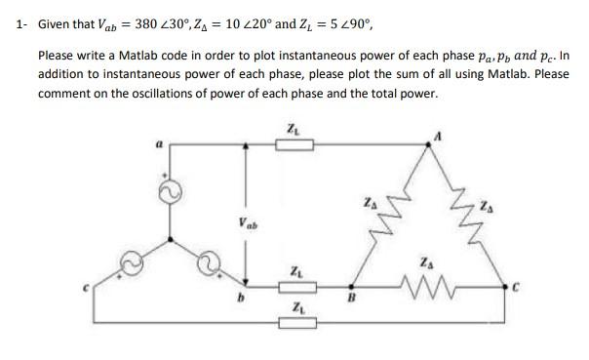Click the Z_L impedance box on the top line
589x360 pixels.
coord(294,144)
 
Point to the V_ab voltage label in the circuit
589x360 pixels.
coord(246,222)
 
